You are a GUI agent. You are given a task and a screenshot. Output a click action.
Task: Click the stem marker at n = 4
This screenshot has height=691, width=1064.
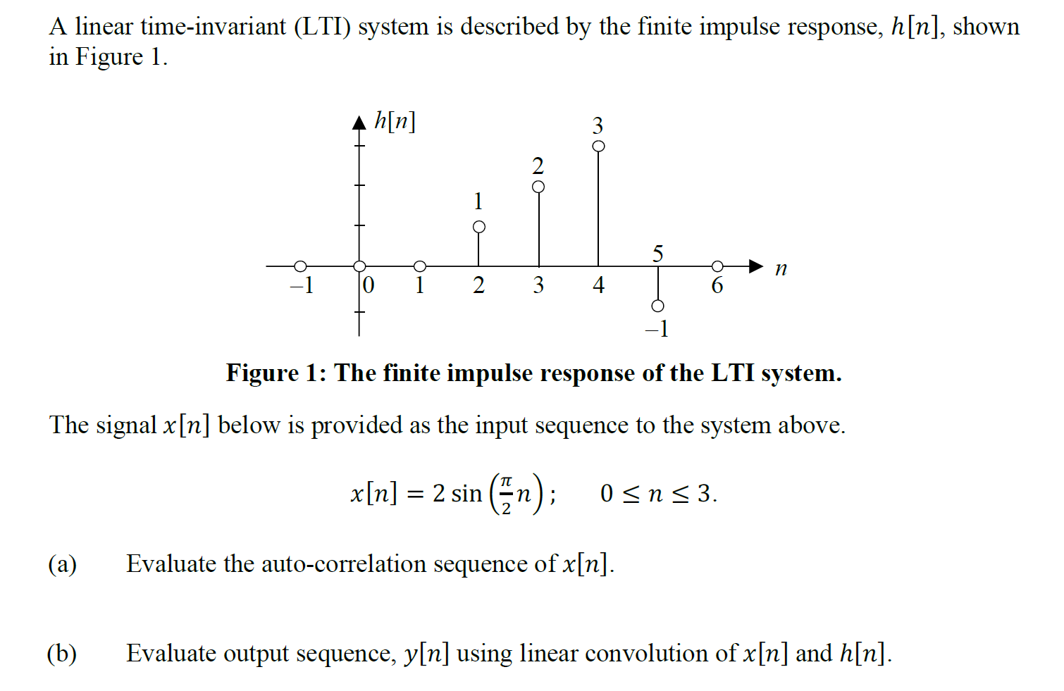(598, 146)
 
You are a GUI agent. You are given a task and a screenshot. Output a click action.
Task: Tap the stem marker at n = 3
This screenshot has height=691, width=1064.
(538, 187)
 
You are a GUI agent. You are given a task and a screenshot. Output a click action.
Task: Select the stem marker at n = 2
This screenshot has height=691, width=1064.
(479, 227)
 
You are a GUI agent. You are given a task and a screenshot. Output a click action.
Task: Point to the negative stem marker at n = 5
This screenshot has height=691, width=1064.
(657, 306)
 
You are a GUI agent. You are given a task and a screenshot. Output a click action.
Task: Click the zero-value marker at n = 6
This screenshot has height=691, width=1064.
(717, 266)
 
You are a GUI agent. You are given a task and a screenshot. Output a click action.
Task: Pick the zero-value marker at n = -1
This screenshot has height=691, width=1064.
(300, 266)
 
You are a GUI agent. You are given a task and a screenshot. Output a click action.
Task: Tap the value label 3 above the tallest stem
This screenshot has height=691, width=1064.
(598, 125)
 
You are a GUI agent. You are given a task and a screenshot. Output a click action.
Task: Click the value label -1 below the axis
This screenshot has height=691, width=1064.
(657, 329)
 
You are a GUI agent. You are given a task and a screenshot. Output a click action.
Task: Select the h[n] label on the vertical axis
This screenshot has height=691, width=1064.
(395, 121)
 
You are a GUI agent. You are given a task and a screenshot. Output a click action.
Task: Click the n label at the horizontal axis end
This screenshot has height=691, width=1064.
(781, 268)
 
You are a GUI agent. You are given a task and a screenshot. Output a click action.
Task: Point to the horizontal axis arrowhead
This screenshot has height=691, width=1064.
(755, 266)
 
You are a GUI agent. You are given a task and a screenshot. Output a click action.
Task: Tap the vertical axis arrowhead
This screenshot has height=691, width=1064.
(359, 123)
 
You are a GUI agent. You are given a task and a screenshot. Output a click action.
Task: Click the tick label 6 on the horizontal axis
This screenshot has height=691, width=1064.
(717, 285)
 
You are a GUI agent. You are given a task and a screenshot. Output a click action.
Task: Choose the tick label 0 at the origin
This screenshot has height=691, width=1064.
(368, 285)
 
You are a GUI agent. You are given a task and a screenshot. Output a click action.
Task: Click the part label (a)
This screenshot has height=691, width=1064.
(62, 564)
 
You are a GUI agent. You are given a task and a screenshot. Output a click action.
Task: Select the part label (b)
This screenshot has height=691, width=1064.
(62, 654)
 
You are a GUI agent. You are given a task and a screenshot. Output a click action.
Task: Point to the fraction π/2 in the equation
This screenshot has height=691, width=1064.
(505, 493)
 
